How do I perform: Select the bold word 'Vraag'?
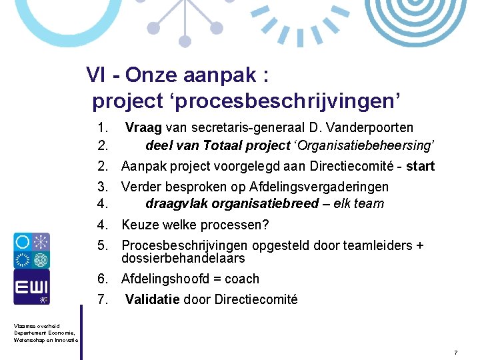click(143, 127)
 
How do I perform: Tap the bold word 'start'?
click(420, 166)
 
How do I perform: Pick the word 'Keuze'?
click(139, 225)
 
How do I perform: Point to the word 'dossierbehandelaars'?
click(183, 258)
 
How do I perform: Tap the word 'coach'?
click(242, 279)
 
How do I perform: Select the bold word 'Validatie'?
click(152, 299)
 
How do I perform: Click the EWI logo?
click(31, 287)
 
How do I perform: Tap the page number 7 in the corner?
click(455, 351)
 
